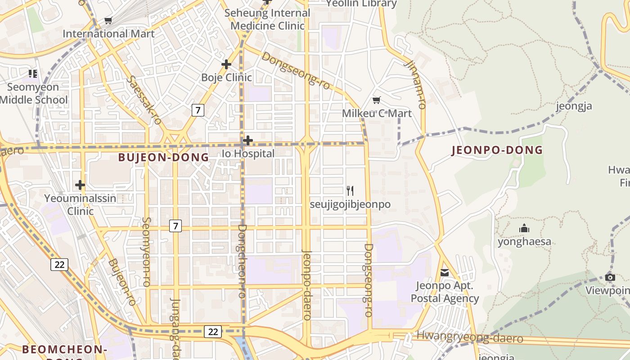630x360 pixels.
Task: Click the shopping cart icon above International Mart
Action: pyautogui.click(x=108, y=20)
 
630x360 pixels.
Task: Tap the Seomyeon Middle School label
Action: pyautogui.click(x=34, y=93)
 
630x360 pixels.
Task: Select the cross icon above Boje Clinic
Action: pyautogui.click(x=226, y=64)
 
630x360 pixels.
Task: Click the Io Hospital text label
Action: pyautogui.click(x=248, y=153)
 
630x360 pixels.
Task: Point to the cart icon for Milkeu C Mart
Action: pyautogui.click(x=377, y=100)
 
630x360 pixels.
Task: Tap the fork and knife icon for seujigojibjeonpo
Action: pyautogui.click(x=350, y=191)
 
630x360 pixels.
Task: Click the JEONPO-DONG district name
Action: pyautogui.click(x=497, y=150)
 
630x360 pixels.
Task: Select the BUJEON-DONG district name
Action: pyautogui.click(x=163, y=157)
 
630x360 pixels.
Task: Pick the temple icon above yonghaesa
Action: pyautogui.click(x=524, y=229)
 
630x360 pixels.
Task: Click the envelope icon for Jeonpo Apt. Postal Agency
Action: pyautogui.click(x=445, y=273)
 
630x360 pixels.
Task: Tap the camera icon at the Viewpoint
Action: pyautogui.click(x=610, y=277)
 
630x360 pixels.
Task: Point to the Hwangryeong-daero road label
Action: pyautogui.click(x=469, y=337)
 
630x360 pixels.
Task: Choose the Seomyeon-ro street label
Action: pyautogui.click(x=146, y=252)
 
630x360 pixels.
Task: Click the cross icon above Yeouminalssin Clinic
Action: pyautogui.click(x=80, y=185)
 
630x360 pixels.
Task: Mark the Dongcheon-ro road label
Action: pyautogui.click(x=242, y=261)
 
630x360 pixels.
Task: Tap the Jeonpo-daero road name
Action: pyautogui.click(x=307, y=284)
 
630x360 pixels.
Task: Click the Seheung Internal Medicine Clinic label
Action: pyautogui.click(x=267, y=19)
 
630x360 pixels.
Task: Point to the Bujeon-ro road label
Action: pyautogui.click(x=122, y=282)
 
